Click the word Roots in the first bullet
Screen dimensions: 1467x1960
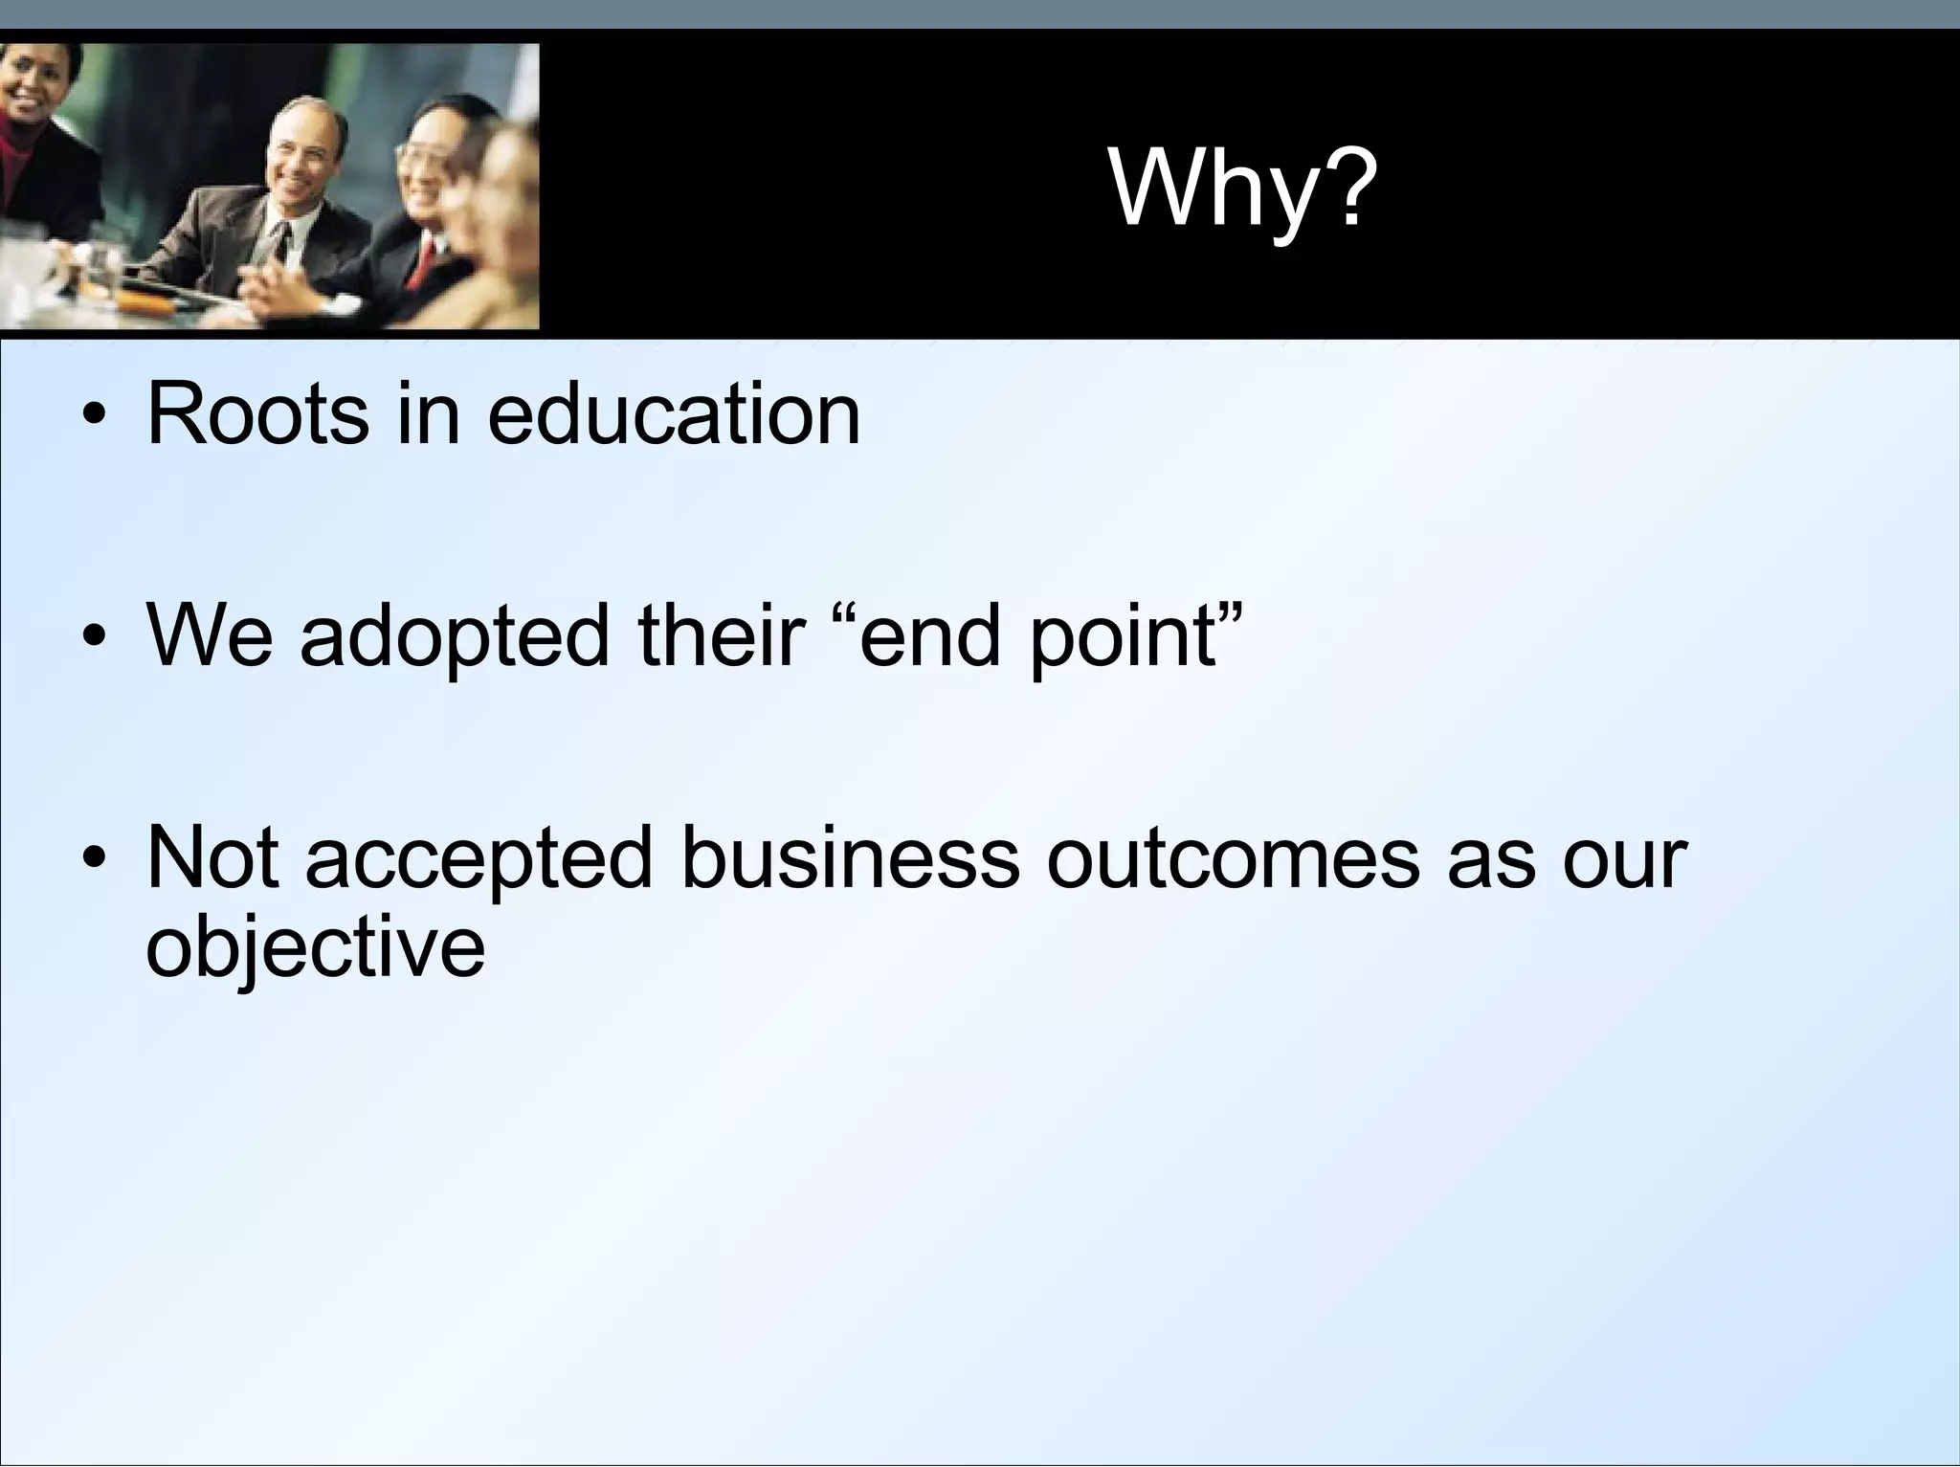(x=257, y=414)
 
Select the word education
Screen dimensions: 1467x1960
(x=674, y=414)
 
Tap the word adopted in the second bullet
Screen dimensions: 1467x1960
(x=454, y=636)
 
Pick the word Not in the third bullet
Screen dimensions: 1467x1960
(x=212, y=856)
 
